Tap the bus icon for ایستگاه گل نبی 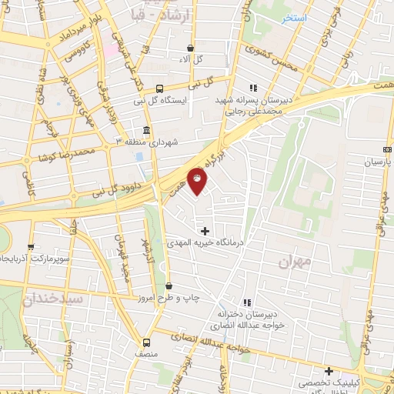click(159, 88)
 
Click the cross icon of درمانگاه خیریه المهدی click(205, 230)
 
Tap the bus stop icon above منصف click(146, 342)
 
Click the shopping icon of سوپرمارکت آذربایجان click(31, 248)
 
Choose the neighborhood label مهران click(295, 262)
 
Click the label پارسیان click(378, 163)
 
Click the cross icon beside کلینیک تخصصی click(329, 371)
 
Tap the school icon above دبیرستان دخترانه click(246, 302)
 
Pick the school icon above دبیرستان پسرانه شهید click(252, 88)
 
